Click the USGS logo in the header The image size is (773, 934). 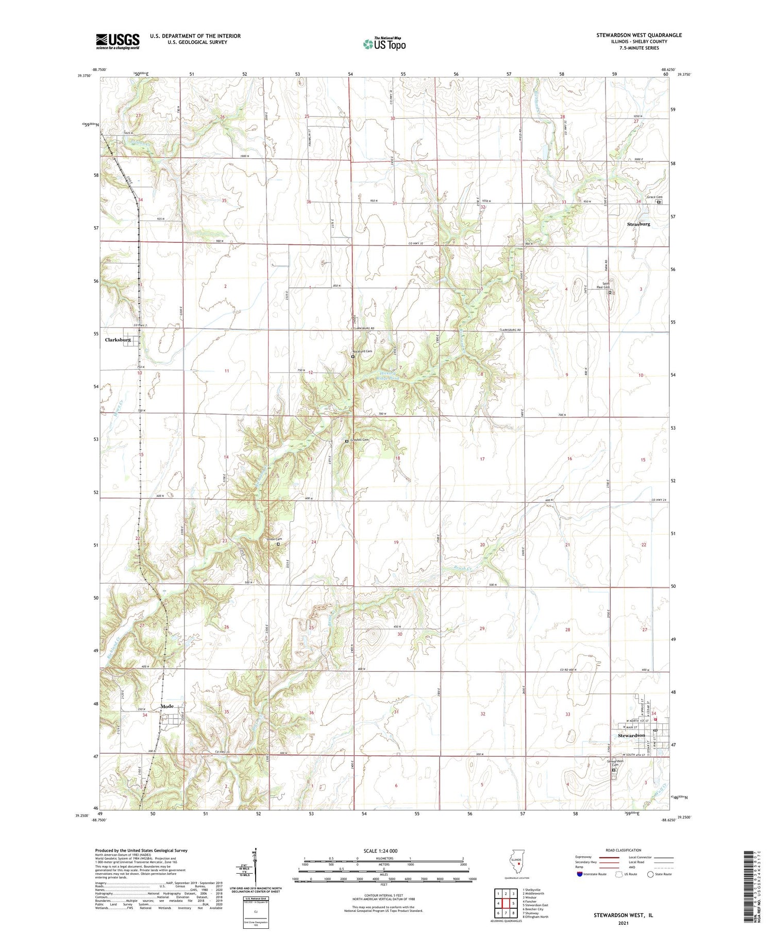point(117,41)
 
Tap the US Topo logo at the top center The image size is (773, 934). point(384,44)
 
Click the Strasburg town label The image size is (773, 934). point(638,224)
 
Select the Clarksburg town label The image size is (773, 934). point(118,340)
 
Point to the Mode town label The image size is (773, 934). point(167,706)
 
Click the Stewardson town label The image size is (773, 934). point(631,735)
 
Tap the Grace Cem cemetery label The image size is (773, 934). point(654,197)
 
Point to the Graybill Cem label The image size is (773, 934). point(360,440)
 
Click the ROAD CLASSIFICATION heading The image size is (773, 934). point(624,850)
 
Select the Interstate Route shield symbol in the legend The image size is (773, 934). point(580,874)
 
